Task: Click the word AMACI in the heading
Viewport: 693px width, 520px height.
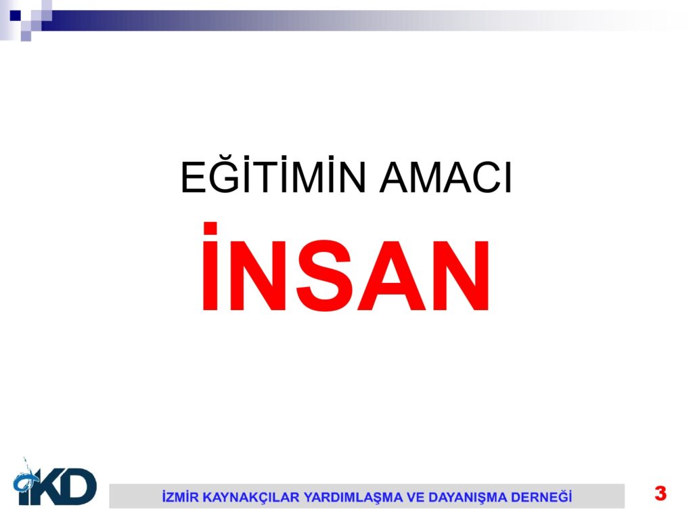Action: coord(445,177)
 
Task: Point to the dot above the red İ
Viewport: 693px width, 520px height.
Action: coord(210,228)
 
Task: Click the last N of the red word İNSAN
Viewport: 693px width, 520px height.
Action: coord(460,276)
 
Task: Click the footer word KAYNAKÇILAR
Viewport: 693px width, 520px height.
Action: coord(250,497)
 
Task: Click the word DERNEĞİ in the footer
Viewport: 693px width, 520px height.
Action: coord(541,496)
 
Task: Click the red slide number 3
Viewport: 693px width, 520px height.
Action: coord(661,493)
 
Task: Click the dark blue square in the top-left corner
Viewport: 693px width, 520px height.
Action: coord(15,16)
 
